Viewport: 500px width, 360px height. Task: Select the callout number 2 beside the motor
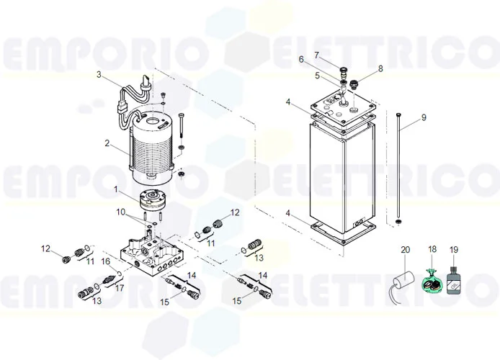(x=107, y=143)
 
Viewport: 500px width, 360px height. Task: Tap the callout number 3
(x=99, y=74)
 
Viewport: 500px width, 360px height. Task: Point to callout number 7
(x=316, y=55)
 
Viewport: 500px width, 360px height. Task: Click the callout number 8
(x=381, y=69)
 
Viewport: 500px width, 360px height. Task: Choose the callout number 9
(x=424, y=117)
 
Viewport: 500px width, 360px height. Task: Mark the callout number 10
(x=120, y=212)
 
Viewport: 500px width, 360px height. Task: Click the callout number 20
(x=405, y=250)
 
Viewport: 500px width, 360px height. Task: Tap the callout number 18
(x=432, y=250)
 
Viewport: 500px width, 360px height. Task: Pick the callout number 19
(x=454, y=250)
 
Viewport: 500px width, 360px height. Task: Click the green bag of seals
(x=432, y=282)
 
